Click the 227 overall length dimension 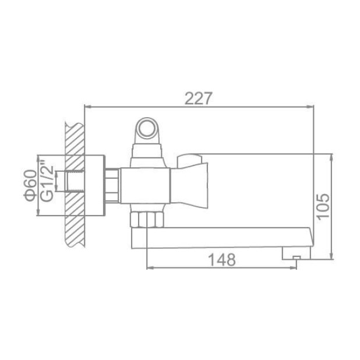199,98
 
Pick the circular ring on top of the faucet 147,128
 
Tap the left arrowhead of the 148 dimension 149,268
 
